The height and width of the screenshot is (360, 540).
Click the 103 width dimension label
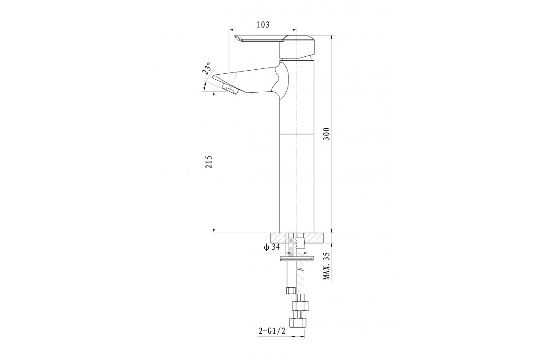(x=262, y=25)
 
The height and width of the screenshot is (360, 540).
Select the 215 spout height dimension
(x=209, y=162)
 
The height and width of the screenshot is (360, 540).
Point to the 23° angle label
(x=207, y=68)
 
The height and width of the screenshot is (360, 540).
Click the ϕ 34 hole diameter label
(x=271, y=247)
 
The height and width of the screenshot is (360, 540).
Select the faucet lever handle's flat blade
(x=257, y=39)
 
